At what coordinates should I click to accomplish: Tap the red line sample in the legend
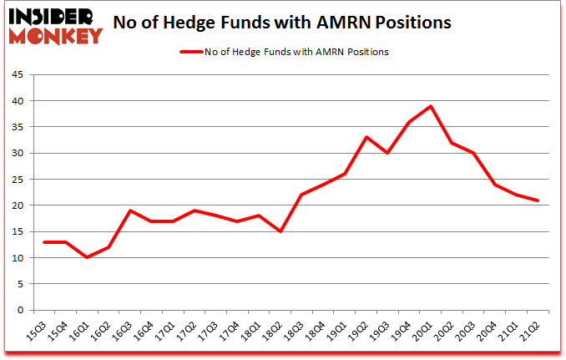[191, 52]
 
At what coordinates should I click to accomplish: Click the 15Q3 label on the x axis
[36, 332]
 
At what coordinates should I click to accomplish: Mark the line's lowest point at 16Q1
[88, 257]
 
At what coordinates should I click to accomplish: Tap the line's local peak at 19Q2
[366, 137]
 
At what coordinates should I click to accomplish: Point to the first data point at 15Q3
[44, 242]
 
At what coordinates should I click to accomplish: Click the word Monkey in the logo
[55, 34]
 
